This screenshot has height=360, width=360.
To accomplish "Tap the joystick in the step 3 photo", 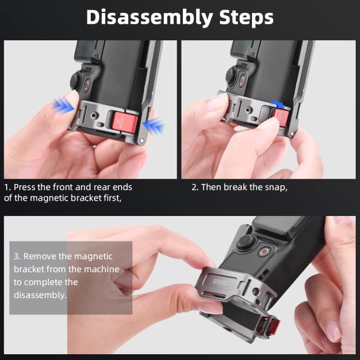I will click(243, 243).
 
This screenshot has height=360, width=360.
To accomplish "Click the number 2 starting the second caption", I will click(194, 187).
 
